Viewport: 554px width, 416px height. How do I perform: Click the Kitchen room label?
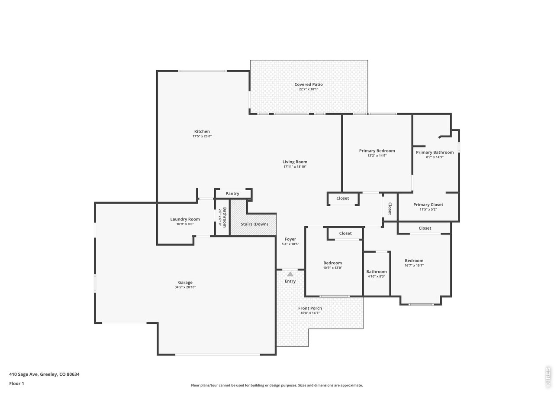tap(202, 131)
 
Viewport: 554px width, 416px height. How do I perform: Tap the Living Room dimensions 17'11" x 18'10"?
tap(295, 167)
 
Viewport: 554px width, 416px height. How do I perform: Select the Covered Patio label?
tap(309, 84)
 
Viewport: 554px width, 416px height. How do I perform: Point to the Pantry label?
tap(232, 193)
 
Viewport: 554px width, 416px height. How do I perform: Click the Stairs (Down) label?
tap(254, 224)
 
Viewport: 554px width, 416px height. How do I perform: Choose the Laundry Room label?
tap(185, 219)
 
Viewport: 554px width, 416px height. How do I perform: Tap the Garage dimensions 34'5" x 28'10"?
tap(185, 287)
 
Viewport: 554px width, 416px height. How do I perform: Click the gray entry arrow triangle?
tap(290, 274)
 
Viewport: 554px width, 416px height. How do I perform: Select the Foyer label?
tap(290, 239)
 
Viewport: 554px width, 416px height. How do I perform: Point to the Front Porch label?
tap(310, 308)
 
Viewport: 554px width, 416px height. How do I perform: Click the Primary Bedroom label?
tap(377, 151)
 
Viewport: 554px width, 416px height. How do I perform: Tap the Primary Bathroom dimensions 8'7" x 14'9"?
tap(435, 157)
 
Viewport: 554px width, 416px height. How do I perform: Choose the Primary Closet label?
tap(428, 205)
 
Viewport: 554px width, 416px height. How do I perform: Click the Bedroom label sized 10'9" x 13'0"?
tap(333, 263)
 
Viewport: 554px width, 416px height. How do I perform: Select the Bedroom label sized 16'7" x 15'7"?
tap(414, 261)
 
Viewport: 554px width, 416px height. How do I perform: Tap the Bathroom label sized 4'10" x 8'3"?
tap(377, 272)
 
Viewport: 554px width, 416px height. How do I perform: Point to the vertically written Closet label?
tap(390, 208)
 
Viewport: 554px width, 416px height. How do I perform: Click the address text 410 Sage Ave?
tap(24, 374)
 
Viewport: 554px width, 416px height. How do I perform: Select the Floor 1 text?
tap(16, 383)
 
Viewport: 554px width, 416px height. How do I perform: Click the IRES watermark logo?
tap(548, 377)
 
